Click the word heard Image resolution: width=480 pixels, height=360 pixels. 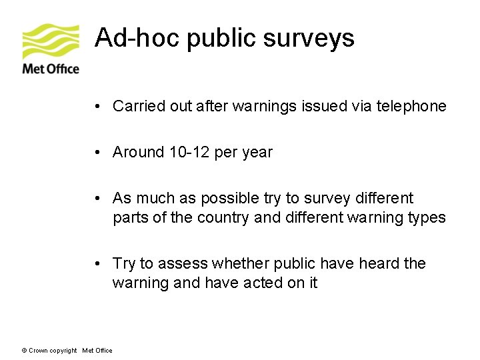click(379, 264)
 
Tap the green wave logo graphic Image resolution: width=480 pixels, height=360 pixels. click(51, 41)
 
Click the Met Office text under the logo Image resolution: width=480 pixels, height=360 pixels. click(51, 69)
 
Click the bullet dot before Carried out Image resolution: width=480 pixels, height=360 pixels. click(97, 107)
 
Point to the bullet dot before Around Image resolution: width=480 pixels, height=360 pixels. click(97, 153)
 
